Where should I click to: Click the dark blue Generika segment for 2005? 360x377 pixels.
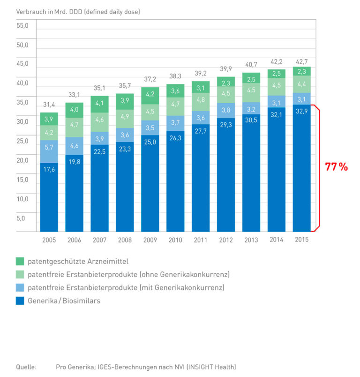pyautogui.click(x=49, y=197)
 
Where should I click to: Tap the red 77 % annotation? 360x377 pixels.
pyautogui.click(x=336, y=167)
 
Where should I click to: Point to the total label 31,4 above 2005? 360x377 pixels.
pyautogui.click(x=49, y=104)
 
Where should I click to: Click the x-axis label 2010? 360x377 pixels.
pyautogui.click(x=175, y=240)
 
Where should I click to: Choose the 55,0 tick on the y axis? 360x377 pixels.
pyautogui.click(x=22, y=26)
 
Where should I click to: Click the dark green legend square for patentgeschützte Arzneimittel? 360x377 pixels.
pyautogui.click(x=20, y=261)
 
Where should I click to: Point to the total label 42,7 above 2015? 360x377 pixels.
pyautogui.click(x=301, y=61)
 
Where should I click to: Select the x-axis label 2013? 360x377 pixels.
pyautogui.click(x=251, y=240)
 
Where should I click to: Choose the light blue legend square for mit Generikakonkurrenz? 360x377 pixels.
pyautogui.click(x=20, y=287)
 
